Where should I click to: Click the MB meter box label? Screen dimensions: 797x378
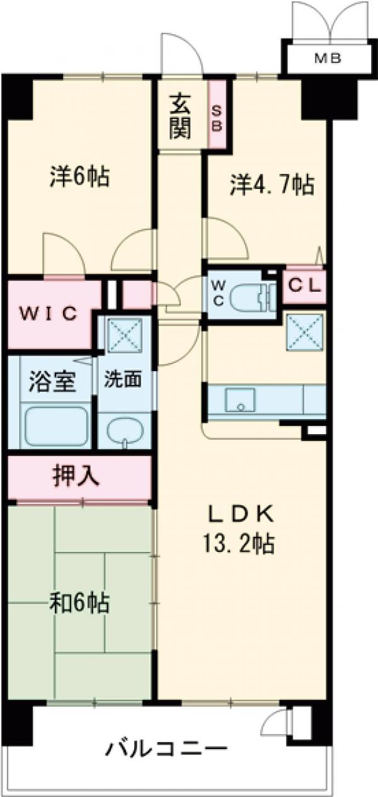pos(328,59)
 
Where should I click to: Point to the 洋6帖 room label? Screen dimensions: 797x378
pos(79,176)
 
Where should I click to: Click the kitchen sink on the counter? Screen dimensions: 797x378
pos(240,399)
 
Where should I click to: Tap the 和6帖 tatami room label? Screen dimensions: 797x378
pos(80,603)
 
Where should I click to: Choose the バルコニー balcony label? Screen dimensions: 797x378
pos(166,750)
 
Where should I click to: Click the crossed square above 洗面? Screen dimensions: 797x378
pos(124,334)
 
